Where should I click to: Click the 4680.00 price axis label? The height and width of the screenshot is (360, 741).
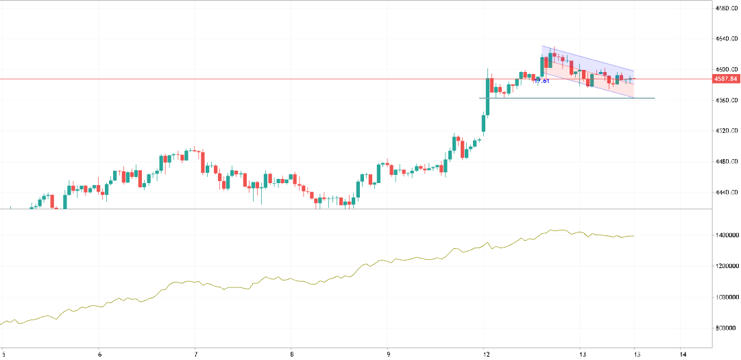(726, 8)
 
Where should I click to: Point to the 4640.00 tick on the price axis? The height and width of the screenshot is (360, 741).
(726, 39)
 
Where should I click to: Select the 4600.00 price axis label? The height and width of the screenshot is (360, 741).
(726, 69)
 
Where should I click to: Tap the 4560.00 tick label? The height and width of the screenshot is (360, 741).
(726, 100)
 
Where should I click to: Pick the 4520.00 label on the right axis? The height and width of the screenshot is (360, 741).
(726, 130)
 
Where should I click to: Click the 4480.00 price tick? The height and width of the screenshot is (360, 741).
(726, 161)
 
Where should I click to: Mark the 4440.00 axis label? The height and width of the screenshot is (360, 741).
(726, 192)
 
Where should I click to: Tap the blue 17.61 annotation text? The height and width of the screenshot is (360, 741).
(542, 81)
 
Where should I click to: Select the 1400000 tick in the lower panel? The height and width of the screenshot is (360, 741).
(726, 235)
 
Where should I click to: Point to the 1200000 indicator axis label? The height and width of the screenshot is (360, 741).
(726, 266)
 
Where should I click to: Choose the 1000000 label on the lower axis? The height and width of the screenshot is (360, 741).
(726, 297)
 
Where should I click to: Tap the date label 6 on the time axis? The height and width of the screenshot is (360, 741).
(100, 355)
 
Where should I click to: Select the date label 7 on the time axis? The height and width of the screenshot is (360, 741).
(196, 355)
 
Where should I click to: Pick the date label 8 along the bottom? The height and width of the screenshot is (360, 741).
(292, 355)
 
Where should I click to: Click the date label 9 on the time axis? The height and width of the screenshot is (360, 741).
(388, 355)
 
